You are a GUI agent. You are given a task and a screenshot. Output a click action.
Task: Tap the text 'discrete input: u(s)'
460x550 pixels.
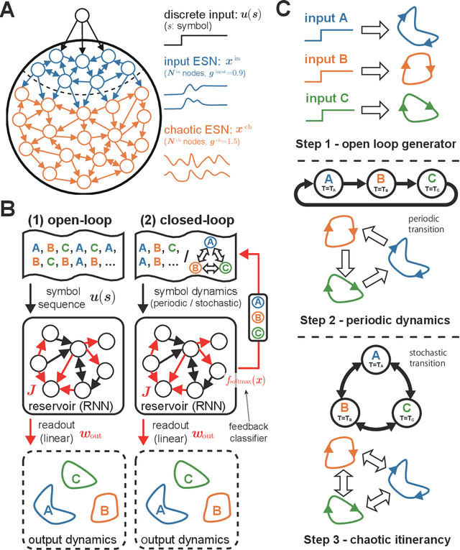(x=216, y=17)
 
